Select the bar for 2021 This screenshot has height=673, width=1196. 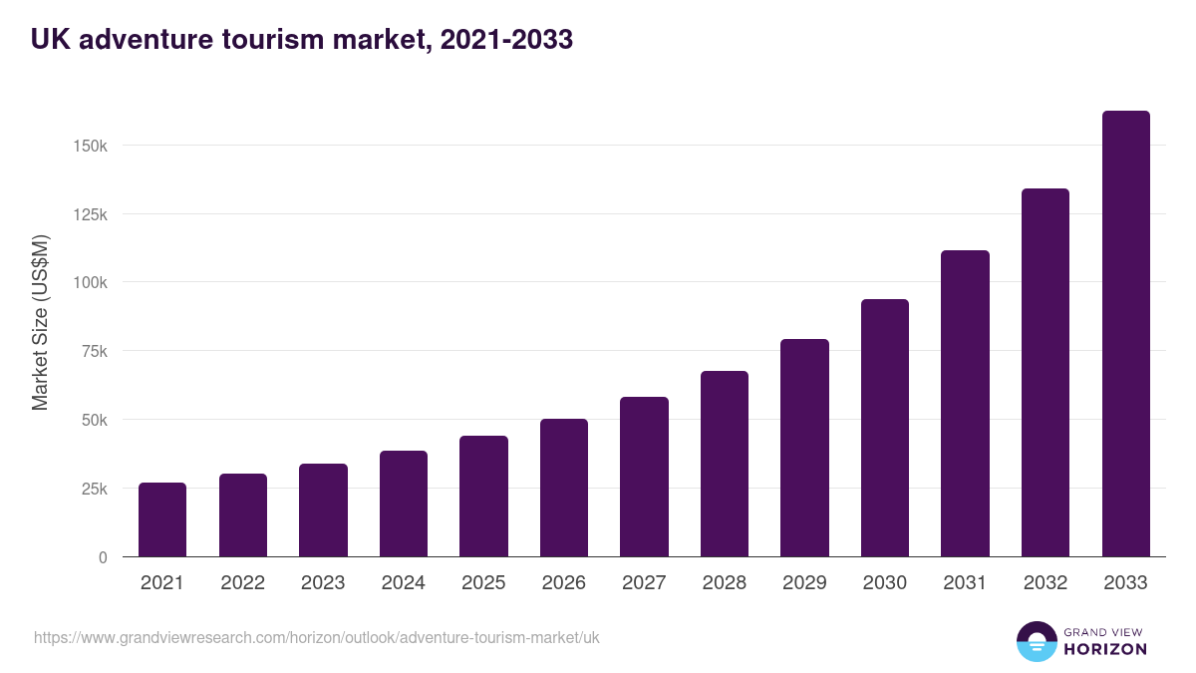click(162, 519)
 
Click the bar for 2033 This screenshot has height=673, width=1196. click(1125, 334)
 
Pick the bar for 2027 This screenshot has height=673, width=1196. click(644, 477)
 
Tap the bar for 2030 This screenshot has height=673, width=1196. click(885, 428)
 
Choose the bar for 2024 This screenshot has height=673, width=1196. click(404, 504)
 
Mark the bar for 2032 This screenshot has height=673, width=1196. click(1046, 373)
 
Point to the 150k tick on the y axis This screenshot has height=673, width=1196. click(90, 146)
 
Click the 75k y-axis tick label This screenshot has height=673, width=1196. click(94, 351)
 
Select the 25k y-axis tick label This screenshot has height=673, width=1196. click(94, 489)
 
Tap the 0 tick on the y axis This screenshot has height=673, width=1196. click(102, 557)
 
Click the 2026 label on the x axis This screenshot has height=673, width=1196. click(564, 583)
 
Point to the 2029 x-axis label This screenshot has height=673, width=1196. click(804, 583)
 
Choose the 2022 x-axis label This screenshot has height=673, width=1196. click(243, 583)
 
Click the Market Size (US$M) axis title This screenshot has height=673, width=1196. click(40, 323)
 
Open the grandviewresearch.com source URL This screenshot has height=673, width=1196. click(317, 637)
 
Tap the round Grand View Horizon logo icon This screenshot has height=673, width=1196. click(1037, 641)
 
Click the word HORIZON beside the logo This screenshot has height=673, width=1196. click(1105, 649)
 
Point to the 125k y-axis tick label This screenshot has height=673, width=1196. click(90, 214)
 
